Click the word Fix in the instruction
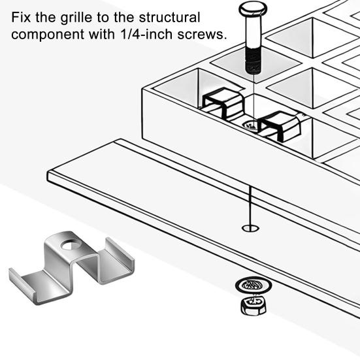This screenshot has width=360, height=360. point(21,18)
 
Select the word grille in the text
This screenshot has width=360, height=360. point(76,18)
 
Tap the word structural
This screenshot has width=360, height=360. point(169,18)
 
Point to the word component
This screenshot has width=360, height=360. point(48,35)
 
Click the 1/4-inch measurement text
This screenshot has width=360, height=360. point(146,34)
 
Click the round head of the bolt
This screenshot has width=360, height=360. point(253,8)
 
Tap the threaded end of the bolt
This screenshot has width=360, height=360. point(254,60)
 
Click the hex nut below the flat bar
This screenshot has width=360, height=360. point(254,306)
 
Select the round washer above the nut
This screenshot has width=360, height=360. point(254,285)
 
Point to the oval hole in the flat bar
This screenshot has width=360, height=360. point(250,228)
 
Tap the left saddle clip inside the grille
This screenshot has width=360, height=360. point(223,102)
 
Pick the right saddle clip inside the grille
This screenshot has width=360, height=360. point(280,125)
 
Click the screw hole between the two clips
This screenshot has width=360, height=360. point(250,125)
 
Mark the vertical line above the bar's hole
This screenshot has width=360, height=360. point(250,206)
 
